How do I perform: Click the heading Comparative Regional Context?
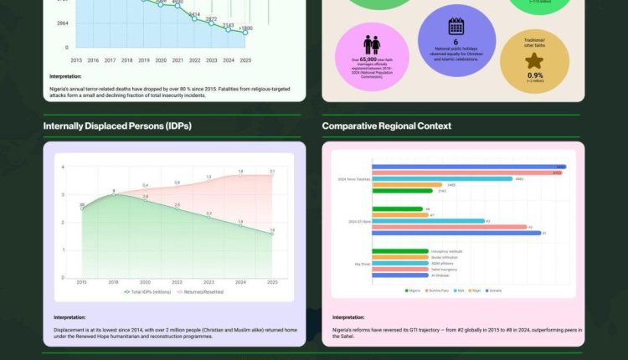pos(386,126)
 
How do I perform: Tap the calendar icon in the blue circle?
pos(456,26)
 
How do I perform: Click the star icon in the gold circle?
pos(534,60)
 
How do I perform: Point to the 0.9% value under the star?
pos(534,75)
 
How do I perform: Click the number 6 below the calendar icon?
pos(456,42)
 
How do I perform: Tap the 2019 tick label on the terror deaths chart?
pos(144,60)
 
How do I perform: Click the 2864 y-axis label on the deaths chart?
pos(63,23)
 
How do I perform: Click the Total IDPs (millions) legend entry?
pos(148,291)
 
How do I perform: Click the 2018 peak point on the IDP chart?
pos(114,194)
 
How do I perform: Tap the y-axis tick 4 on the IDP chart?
pos(64,167)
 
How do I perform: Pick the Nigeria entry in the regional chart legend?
pos(413,291)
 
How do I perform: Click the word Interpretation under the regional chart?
pos(348,317)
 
